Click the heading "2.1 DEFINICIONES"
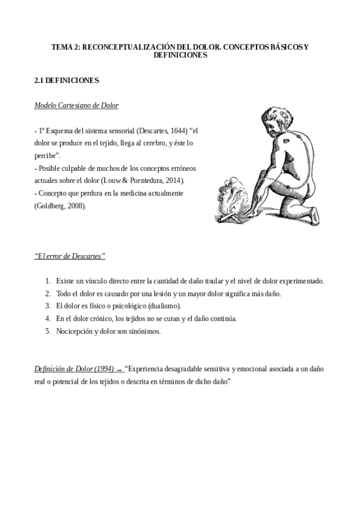pos(67,79)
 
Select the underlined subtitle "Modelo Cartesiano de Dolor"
pos(76,105)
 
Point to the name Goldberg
pos(51,206)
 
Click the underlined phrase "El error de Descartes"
pos(70,256)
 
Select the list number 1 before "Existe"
pos(47,281)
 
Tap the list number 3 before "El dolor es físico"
pos(47,306)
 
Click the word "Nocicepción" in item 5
pos(76,331)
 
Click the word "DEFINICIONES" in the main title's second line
pos(180,55)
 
